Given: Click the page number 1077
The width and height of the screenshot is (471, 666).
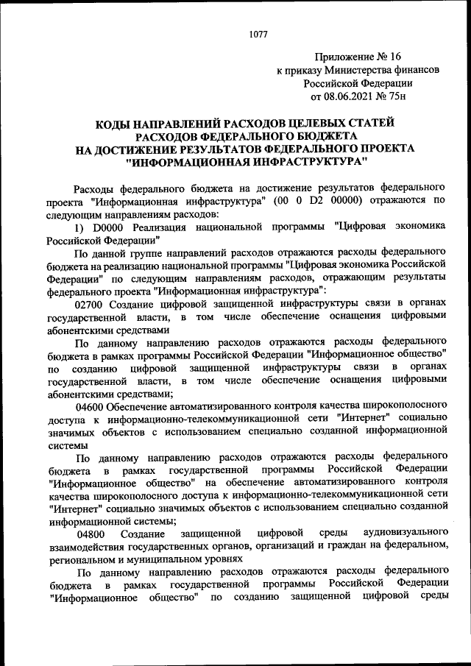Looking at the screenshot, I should [x=258, y=34].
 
